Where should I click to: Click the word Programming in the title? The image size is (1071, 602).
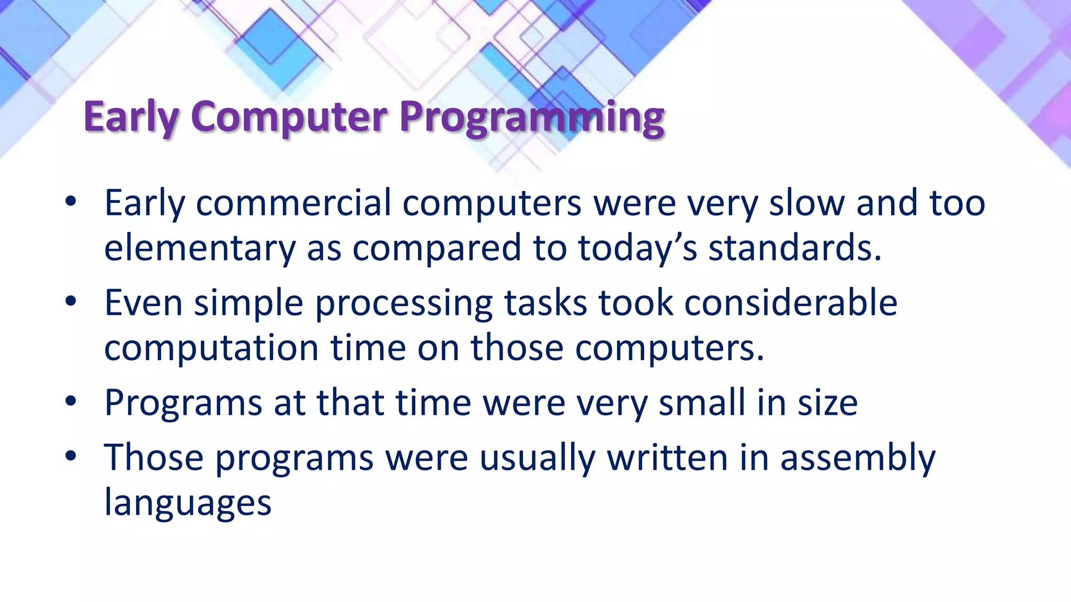click(x=532, y=117)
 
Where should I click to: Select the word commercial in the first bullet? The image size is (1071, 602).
click(x=293, y=203)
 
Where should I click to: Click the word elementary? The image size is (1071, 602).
click(x=200, y=248)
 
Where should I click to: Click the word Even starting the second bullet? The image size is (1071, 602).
click(x=143, y=303)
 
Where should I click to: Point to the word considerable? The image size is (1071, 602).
click(x=791, y=303)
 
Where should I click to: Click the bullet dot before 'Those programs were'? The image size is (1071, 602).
click(x=71, y=457)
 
